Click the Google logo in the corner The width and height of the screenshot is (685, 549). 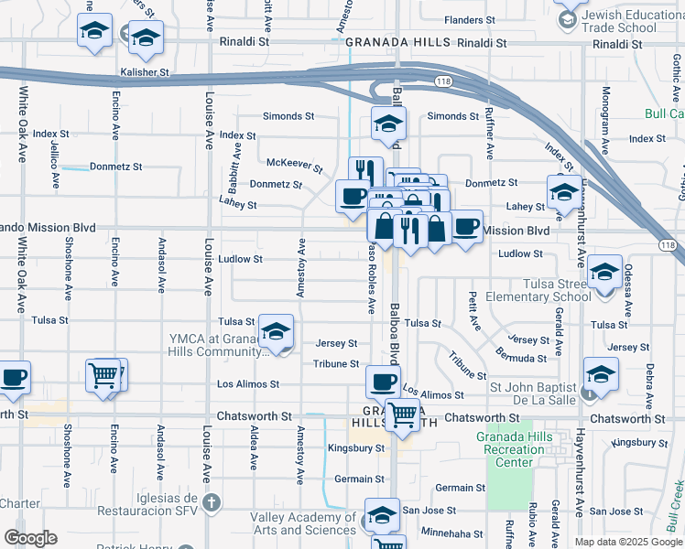pyautogui.click(x=30, y=538)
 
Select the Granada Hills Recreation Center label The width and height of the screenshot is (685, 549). pyautogui.click(x=520, y=449)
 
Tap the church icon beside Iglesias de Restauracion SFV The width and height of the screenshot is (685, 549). pyautogui.click(x=212, y=502)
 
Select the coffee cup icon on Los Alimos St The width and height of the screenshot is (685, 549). pyautogui.click(x=383, y=381)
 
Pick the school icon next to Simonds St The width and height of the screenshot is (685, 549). pyautogui.click(x=388, y=123)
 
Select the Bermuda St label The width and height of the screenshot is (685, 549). pyautogui.click(x=523, y=355)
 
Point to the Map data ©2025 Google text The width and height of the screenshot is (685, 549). pyautogui.click(x=628, y=542)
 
